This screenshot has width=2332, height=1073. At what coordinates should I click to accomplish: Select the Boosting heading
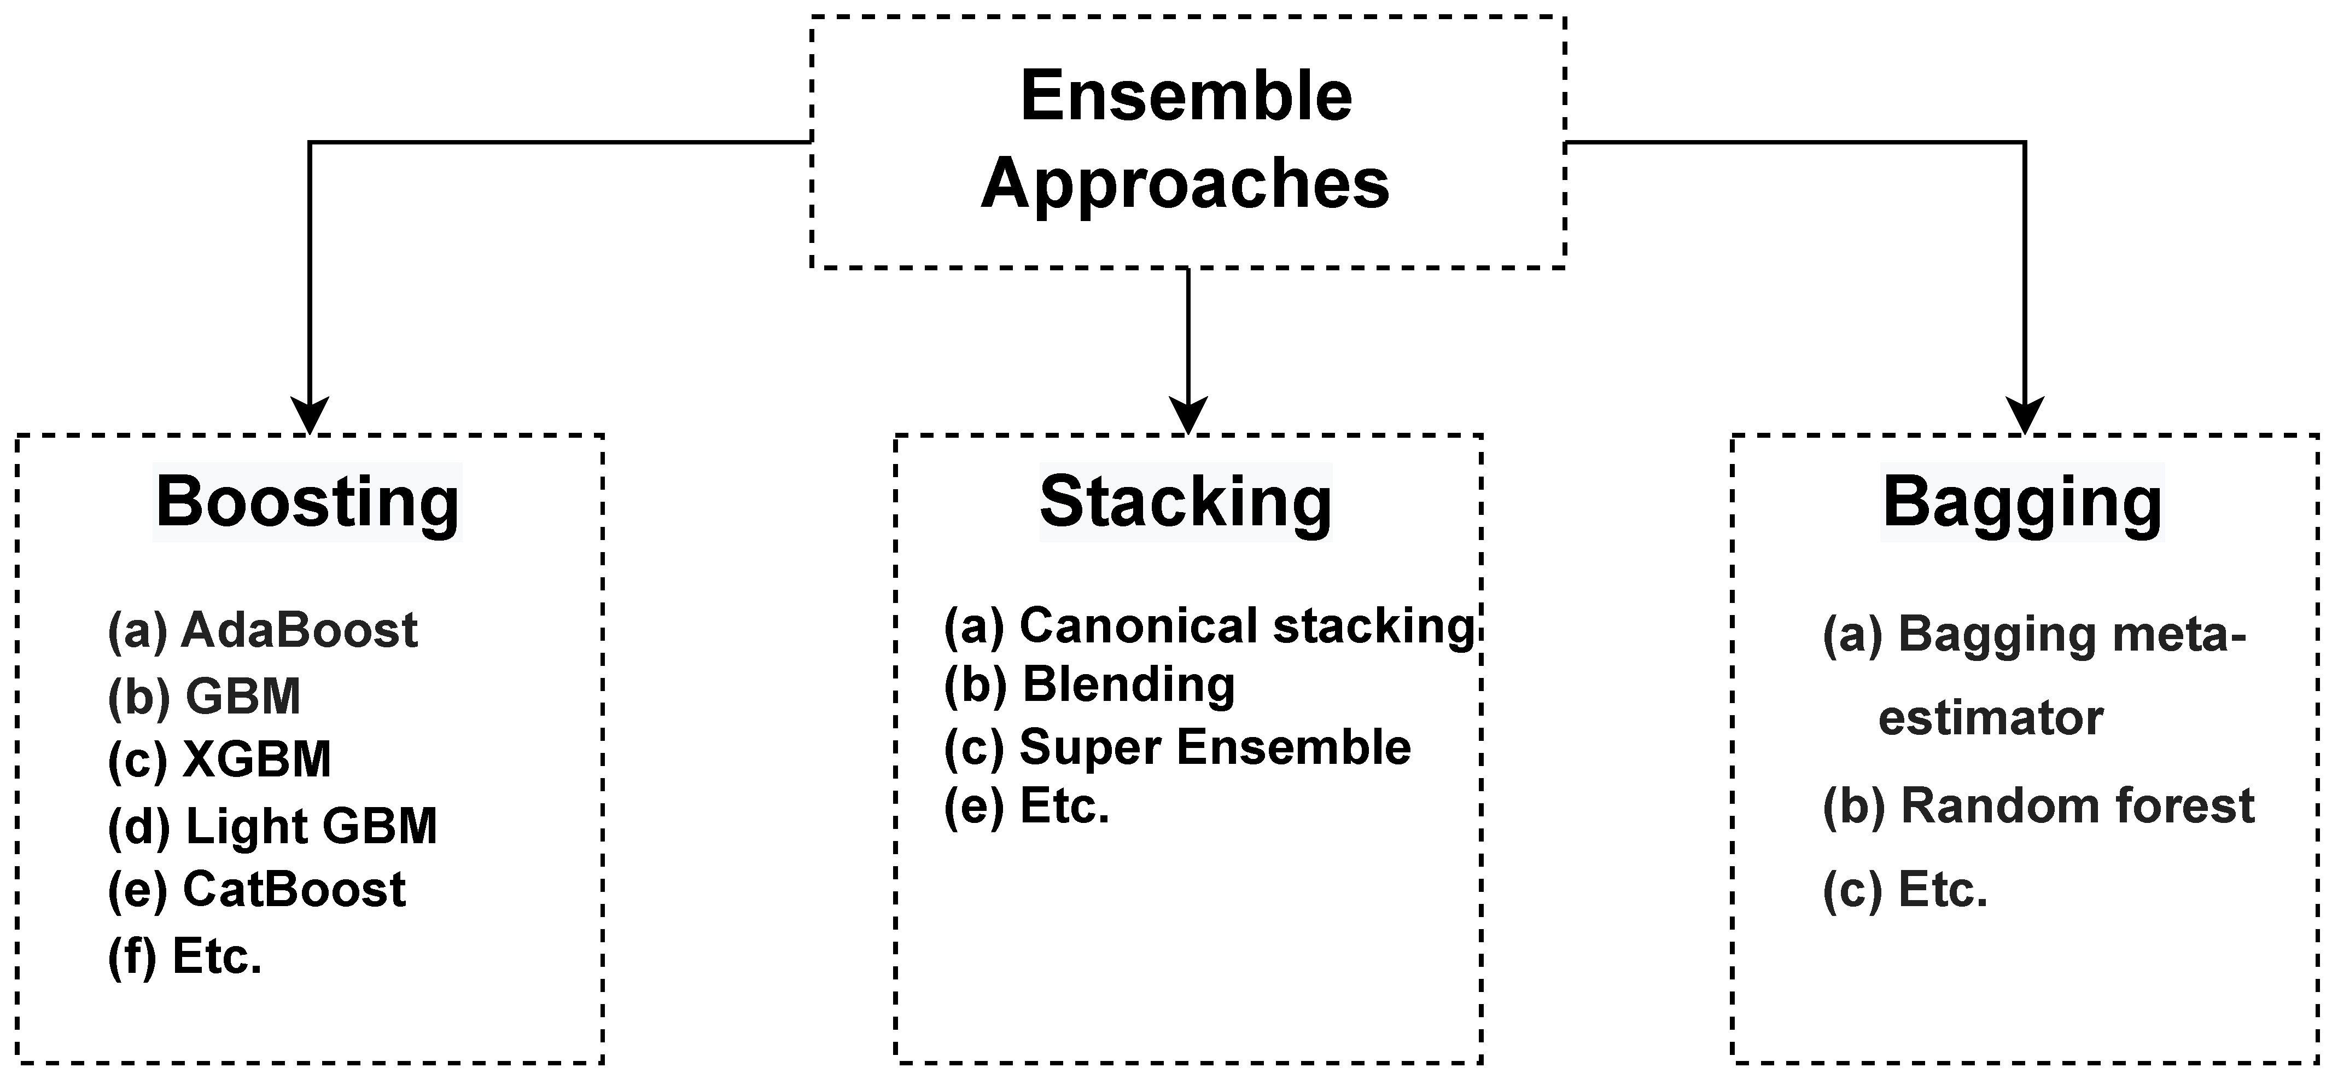click(308, 502)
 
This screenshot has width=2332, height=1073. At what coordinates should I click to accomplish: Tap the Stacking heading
click(1186, 502)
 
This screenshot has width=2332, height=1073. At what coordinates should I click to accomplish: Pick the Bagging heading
click(2021, 502)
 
